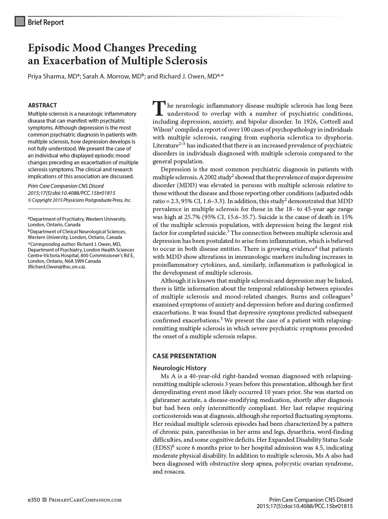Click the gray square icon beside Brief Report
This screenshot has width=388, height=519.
click(20, 22)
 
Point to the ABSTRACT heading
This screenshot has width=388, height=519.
click(42, 105)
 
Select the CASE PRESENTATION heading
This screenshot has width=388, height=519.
click(184, 356)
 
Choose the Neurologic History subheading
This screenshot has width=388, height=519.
click(179, 368)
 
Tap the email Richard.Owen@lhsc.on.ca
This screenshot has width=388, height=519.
click(57, 266)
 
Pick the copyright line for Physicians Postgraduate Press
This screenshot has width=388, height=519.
click(80, 200)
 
